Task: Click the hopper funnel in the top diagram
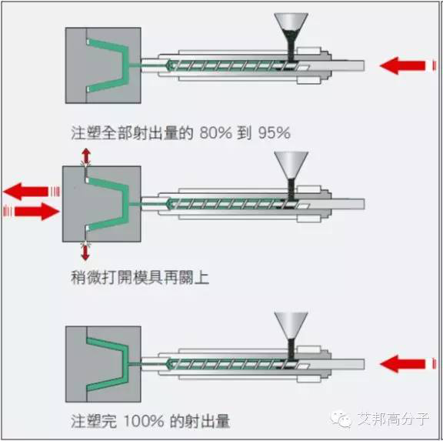pyautogui.click(x=291, y=30)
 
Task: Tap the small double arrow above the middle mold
pyautogui.click(x=86, y=156)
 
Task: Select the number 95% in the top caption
pyautogui.click(x=274, y=132)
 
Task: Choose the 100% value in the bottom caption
pyautogui.click(x=144, y=421)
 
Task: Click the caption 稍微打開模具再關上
pyautogui.click(x=140, y=278)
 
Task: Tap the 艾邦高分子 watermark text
pyautogui.click(x=393, y=419)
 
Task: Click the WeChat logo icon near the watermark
pyautogui.click(x=341, y=419)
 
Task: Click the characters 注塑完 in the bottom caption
pyautogui.click(x=94, y=421)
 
